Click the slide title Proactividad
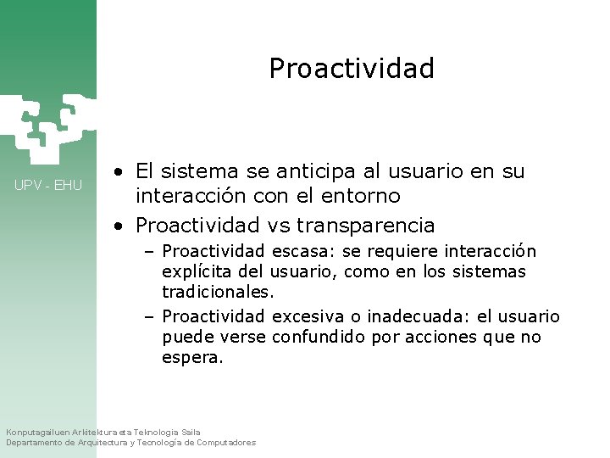pos(351,68)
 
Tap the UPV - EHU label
pos(48,185)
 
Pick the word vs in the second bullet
pos(278,226)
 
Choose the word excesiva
pos(307,317)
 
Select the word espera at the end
pos(191,358)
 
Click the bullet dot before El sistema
pos(122,173)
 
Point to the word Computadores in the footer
pos(225,443)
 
